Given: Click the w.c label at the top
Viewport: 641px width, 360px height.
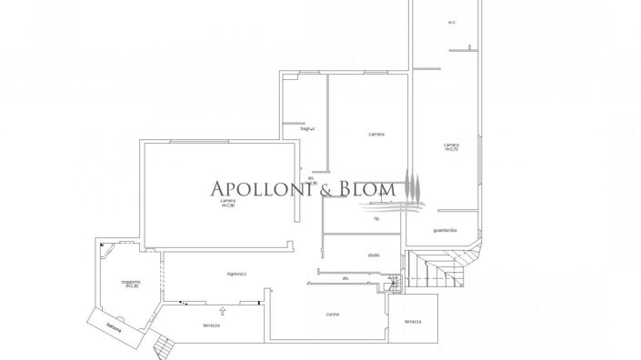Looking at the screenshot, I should [451, 22].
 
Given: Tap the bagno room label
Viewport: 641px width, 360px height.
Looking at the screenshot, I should [307, 129].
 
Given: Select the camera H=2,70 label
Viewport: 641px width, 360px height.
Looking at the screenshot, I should [451, 146].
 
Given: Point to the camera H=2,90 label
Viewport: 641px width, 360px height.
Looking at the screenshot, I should [227, 205].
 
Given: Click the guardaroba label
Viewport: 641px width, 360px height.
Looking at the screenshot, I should [446, 230].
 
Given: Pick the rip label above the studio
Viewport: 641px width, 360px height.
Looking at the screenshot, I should [376, 218].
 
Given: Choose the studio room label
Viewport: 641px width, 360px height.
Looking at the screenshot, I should [373, 255].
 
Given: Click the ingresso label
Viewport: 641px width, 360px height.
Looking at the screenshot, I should [238, 275].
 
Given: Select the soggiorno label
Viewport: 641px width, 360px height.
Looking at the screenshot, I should [131, 285].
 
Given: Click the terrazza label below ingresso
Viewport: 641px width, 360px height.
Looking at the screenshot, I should [212, 325].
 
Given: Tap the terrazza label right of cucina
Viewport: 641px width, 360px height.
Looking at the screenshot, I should [413, 322].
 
